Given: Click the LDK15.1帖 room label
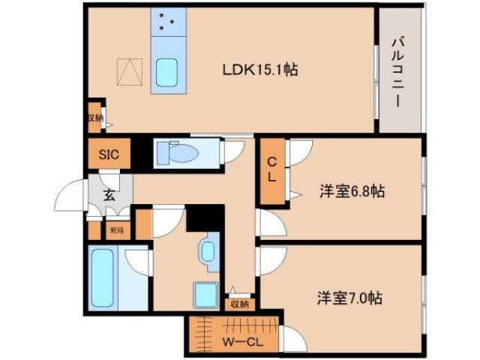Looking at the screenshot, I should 260,70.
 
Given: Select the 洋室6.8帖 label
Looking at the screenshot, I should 352,192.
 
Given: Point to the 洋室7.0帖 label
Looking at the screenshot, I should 349,298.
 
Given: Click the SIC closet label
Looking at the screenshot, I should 109,155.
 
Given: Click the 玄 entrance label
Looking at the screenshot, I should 109,196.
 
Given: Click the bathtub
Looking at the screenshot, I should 102,277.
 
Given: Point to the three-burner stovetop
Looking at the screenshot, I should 166,22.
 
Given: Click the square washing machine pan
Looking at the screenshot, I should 205,293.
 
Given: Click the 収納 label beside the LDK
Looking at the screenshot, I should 94,118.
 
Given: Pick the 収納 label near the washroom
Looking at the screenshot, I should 239,304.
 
